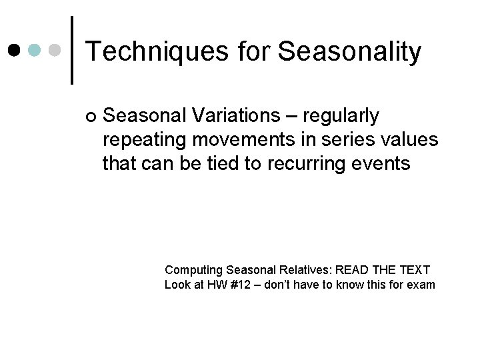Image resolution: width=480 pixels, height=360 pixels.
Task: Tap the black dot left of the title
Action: click(14, 50)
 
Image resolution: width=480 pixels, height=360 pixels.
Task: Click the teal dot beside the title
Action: click(35, 50)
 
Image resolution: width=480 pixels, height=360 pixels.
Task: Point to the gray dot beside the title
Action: click(57, 50)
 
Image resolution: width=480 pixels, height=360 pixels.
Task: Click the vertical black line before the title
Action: click(71, 50)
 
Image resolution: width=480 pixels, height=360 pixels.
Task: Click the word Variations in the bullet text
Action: click(239, 116)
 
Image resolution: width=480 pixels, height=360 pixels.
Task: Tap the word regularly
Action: click(341, 116)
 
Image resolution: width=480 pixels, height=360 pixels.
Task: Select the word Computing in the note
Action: click(193, 270)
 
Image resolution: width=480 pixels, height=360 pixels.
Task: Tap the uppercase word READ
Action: click(351, 270)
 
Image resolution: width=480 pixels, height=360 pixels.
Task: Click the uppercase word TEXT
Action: click(413, 270)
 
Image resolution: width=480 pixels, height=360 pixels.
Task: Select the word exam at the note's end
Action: click(421, 285)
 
